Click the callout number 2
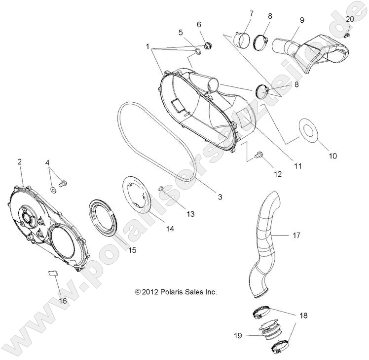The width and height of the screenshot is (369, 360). (x=20, y=161)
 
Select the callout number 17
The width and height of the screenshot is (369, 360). (x=296, y=236)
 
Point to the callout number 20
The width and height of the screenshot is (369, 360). (x=350, y=19)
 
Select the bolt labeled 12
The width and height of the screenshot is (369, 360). (x=257, y=156)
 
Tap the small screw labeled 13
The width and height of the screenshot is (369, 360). (x=161, y=189)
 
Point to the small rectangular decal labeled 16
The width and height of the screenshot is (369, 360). (x=52, y=272)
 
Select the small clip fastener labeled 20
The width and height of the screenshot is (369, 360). (x=347, y=35)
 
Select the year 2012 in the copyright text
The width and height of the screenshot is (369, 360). (x=149, y=292)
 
